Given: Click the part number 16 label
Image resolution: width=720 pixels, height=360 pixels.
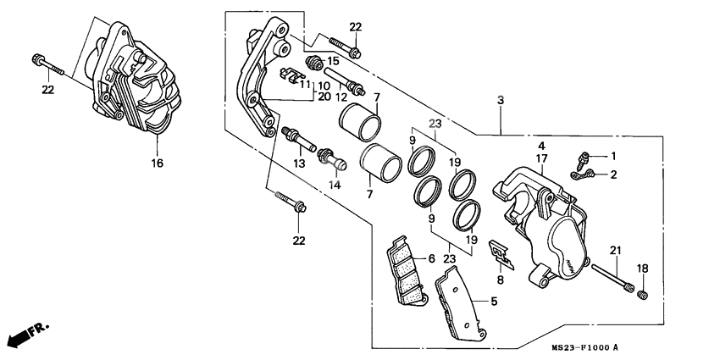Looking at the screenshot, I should [x=156, y=162].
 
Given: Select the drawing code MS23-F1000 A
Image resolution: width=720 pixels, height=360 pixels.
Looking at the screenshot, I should [x=585, y=348].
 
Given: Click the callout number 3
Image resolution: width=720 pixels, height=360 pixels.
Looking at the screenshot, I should [x=501, y=101].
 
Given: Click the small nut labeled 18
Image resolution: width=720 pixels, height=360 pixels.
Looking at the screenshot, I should [x=642, y=294].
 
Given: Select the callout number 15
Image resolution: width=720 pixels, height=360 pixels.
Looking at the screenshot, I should [x=333, y=61].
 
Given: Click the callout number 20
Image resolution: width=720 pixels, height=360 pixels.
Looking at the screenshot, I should [x=323, y=97].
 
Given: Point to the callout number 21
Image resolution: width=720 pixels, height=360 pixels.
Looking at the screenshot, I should [x=616, y=249].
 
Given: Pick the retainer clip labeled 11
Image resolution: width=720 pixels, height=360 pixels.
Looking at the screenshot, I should [x=290, y=75].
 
